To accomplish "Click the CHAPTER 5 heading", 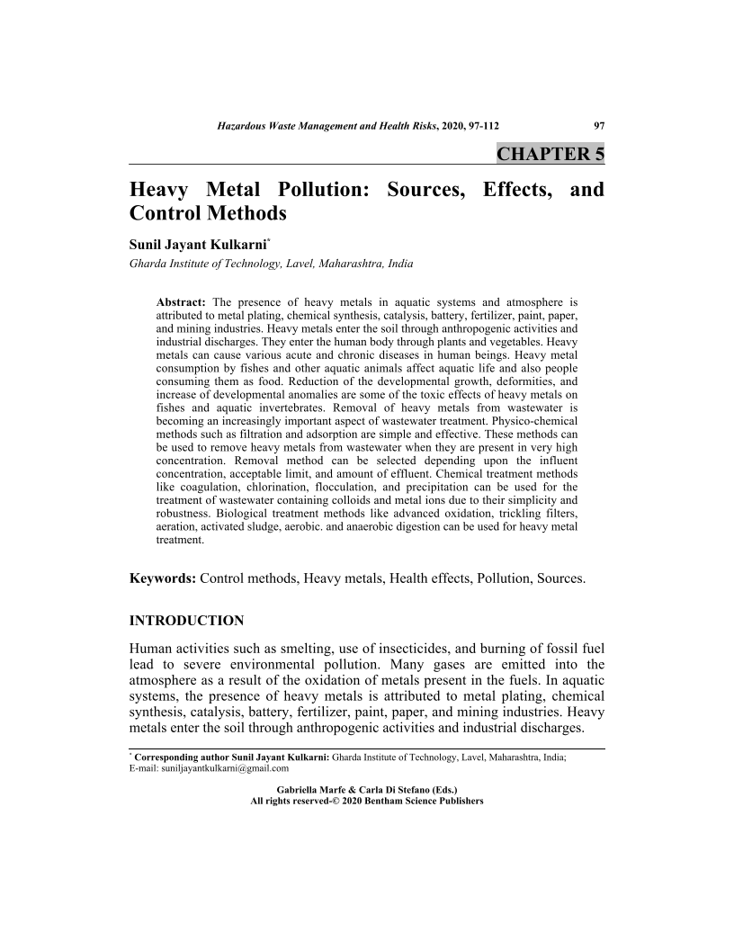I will point(550,154).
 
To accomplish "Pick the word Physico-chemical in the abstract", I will point(536,421).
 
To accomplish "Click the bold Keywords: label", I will point(163,578).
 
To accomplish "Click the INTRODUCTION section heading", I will point(187,621).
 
